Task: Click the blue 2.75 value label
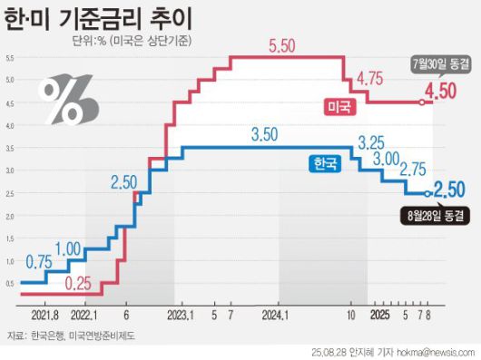click(x=414, y=170)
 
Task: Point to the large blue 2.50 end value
click(x=450, y=190)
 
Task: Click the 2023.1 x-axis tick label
click(x=179, y=315)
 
